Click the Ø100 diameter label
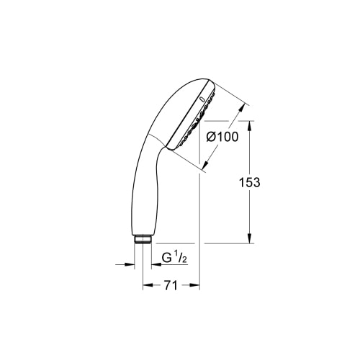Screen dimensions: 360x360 pyautogui.click(x=222, y=137)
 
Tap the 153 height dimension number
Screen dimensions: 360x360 pyautogui.click(x=250, y=182)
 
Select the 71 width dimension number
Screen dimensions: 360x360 pyautogui.click(x=171, y=285)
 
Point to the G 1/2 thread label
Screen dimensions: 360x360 pyautogui.click(x=174, y=258)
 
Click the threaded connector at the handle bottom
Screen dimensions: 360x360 pyautogui.click(x=143, y=240)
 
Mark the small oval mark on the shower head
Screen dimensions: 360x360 pyautogui.click(x=202, y=99)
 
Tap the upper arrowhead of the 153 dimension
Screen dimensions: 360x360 pyautogui.click(x=250, y=125)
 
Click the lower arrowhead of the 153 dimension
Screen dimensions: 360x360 pyautogui.click(x=250, y=238)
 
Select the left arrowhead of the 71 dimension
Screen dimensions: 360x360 pyautogui.click(x=148, y=285)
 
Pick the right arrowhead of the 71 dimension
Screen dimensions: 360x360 pyautogui.click(x=194, y=285)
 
